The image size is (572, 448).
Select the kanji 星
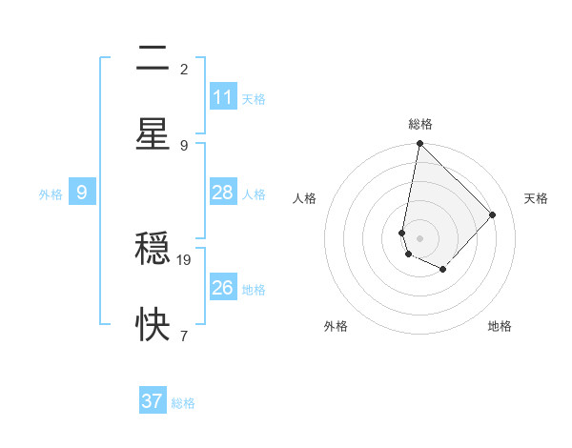[153, 134]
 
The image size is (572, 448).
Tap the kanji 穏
[153, 251]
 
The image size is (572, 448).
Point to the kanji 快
[153, 326]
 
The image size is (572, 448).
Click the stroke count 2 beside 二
[184, 70]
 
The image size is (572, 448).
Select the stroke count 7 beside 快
[184, 336]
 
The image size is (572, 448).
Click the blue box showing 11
[223, 97]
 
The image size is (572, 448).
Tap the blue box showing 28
[223, 193]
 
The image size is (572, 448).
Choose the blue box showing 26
[223, 287]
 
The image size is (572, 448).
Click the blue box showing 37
[153, 401]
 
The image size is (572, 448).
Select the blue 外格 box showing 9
[82, 193]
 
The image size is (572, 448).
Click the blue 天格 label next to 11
[254, 98]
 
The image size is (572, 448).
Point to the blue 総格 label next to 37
[183, 402]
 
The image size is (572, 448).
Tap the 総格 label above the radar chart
[420, 124]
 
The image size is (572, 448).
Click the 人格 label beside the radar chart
[304, 198]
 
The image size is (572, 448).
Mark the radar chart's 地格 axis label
[500, 326]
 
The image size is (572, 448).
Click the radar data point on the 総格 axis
[419, 144]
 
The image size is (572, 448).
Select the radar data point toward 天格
[493, 214]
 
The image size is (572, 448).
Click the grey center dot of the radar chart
[419, 237]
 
